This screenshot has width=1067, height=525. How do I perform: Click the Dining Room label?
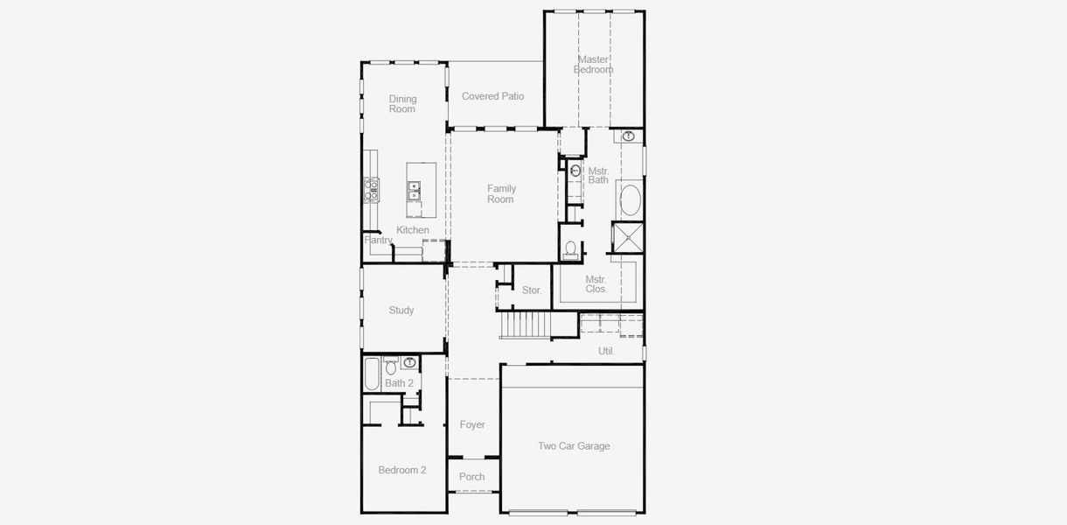(x=402, y=104)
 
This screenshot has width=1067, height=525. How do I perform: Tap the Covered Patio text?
(x=492, y=96)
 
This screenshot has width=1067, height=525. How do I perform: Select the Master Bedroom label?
(x=593, y=65)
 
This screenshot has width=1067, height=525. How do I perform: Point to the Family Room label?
(x=501, y=193)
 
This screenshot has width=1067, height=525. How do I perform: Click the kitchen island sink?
(x=414, y=187)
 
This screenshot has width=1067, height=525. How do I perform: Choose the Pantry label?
(x=379, y=240)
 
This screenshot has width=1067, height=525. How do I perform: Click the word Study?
(x=401, y=310)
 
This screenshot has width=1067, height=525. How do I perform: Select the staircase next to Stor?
(x=525, y=325)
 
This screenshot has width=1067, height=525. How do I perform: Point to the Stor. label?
(x=532, y=290)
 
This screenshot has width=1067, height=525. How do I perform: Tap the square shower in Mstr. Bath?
(x=627, y=237)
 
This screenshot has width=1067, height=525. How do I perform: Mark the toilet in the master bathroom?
(x=571, y=249)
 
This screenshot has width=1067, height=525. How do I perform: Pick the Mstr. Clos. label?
(x=596, y=283)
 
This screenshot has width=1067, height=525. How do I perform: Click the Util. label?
(x=606, y=351)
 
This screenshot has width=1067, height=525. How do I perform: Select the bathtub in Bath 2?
(x=371, y=374)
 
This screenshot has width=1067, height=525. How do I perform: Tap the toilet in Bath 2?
(x=390, y=366)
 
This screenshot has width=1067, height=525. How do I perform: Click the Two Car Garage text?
(x=574, y=446)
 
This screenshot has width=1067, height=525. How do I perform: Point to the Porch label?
(x=472, y=477)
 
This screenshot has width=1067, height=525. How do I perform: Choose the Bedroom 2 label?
(x=402, y=470)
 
